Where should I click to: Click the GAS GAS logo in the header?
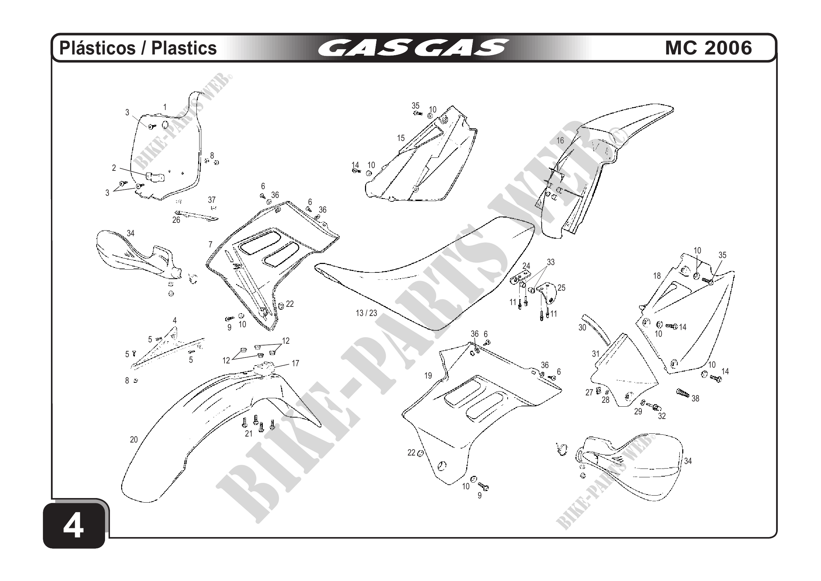pyautogui.click(x=413, y=48)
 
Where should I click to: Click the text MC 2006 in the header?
pyautogui.click(x=708, y=48)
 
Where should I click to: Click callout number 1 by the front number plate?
pyautogui.click(x=165, y=107)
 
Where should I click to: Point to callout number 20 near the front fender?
pyautogui.click(x=134, y=440)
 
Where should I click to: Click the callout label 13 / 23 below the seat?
pyautogui.click(x=366, y=313)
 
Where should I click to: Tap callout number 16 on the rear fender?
pyautogui.click(x=560, y=141)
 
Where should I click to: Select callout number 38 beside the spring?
pyautogui.click(x=695, y=399)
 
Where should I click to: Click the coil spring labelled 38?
pyautogui.click(x=683, y=393)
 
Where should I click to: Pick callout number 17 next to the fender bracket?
pyautogui.click(x=295, y=363)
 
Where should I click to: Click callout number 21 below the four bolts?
pyautogui.click(x=249, y=434)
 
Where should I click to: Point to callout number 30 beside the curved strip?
pyautogui.click(x=582, y=327)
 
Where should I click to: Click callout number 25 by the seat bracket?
pyautogui.click(x=561, y=288)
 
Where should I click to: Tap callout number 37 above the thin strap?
pyautogui.click(x=212, y=200)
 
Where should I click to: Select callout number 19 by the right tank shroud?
pyautogui.click(x=428, y=376)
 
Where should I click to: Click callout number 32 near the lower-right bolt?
pyautogui.click(x=662, y=416)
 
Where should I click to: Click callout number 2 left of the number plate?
pyautogui.click(x=114, y=168)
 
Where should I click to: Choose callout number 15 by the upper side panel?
pyautogui.click(x=401, y=138)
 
